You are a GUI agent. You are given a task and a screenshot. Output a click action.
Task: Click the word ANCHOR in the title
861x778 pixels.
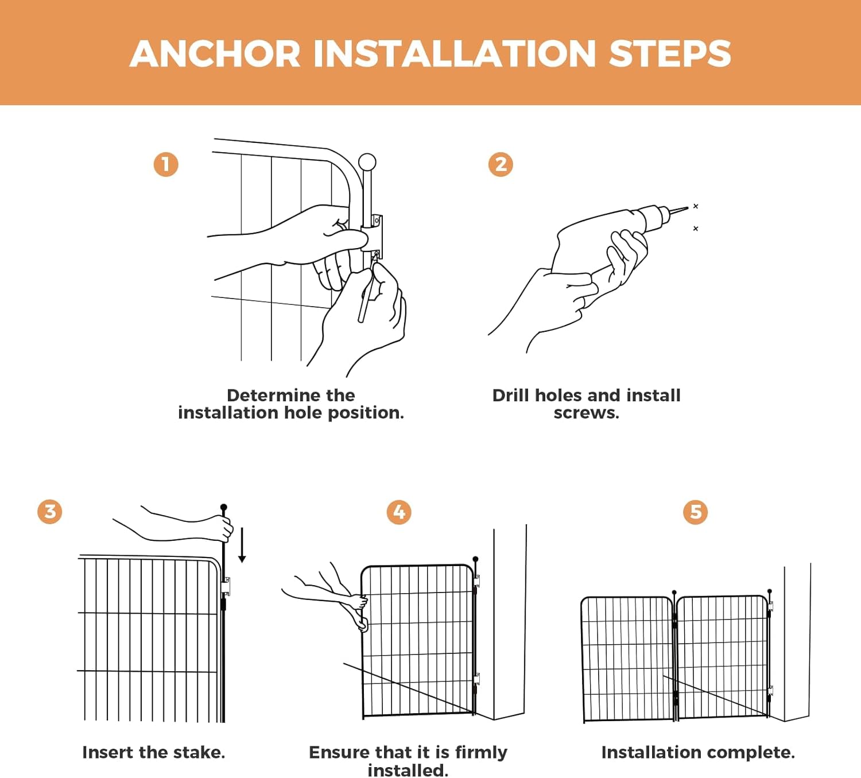click(215, 53)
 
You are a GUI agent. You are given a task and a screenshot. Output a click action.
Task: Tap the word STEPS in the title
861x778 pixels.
click(670, 53)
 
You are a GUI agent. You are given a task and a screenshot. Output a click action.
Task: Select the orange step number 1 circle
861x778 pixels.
click(166, 164)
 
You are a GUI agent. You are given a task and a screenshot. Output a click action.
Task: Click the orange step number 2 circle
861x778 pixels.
click(501, 164)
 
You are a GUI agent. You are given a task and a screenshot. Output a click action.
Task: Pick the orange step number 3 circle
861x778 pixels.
click(50, 512)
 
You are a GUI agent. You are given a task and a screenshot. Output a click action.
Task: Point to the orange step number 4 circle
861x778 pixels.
click(399, 512)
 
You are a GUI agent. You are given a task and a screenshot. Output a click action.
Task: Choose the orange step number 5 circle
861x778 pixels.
click(695, 512)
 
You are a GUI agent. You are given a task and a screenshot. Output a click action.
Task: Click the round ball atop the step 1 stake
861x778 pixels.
click(367, 162)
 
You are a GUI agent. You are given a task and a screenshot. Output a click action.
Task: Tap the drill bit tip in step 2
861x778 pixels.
click(688, 208)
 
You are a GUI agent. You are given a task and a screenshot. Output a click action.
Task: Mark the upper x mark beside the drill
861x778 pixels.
click(695, 206)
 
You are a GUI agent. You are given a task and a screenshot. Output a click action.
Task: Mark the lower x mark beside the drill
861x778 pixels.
click(695, 229)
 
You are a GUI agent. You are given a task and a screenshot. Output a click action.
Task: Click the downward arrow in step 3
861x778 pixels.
click(242, 545)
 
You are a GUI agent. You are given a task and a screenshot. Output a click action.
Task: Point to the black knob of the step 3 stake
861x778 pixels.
click(224, 507)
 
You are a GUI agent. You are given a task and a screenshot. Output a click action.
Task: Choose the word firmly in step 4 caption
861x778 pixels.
click(481, 752)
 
